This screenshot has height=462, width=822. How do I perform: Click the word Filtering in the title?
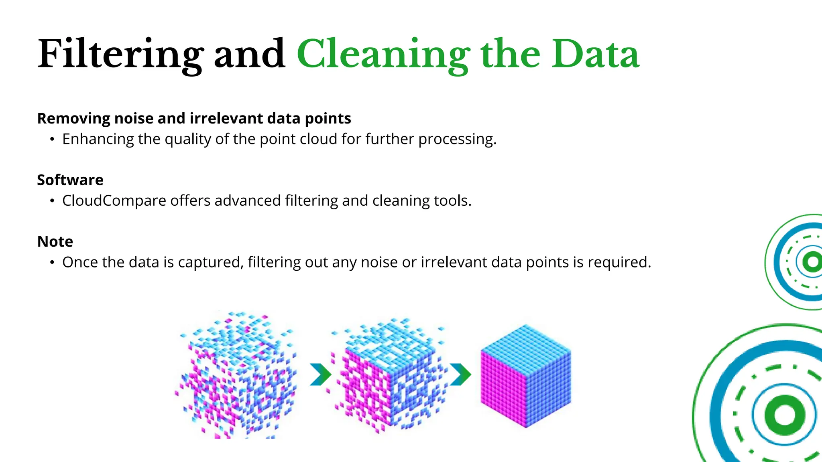(x=120, y=54)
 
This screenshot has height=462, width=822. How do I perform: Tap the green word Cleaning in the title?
(x=383, y=54)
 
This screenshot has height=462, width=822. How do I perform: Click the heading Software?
(x=70, y=180)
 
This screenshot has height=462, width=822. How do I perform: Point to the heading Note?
(x=55, y=242)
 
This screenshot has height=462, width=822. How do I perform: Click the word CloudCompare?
(x=114, y=201)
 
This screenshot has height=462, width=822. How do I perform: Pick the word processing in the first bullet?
(x=457, y=139)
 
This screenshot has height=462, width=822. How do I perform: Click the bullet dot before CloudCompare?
(x=52, y=201)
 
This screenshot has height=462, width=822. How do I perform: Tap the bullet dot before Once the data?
(x=52, y=263)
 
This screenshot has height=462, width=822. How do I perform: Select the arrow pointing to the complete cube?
(x=460, y=375)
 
